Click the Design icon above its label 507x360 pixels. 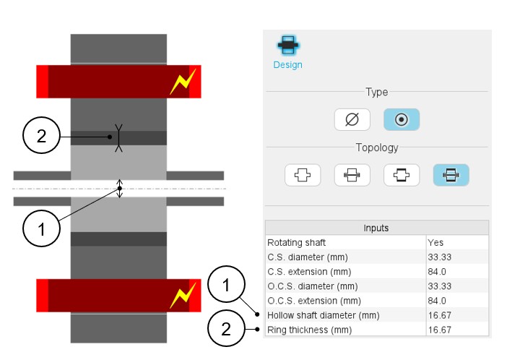[287, 45]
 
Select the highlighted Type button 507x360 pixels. [402, 120]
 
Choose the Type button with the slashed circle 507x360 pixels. [352, 120]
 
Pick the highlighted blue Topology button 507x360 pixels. [451, 175]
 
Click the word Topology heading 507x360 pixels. [376, 147]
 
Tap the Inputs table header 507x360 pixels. [376, 228]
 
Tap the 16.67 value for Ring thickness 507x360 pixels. [440, 329]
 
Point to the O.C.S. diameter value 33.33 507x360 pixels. [440, 286]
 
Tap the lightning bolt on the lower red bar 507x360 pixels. [181, 295]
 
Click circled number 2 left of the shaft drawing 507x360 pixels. [41, 136]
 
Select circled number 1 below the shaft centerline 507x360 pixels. [41, 231]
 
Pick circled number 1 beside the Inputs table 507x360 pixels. [227, 286]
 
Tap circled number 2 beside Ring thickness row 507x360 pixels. [227, 330]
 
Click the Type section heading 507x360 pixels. [376, 93]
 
